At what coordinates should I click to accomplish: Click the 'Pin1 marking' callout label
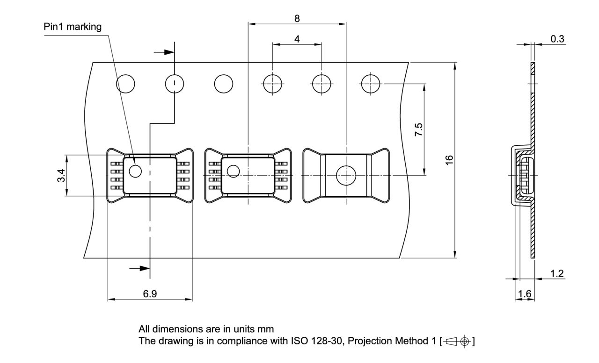[x=73, y=27]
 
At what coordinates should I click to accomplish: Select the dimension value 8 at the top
[x=297, y=18]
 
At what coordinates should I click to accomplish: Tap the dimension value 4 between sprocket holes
[x=297, y=39]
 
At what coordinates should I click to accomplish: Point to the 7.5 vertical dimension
[x=419, y=130]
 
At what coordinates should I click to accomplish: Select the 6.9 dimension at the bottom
[x=150, y=294]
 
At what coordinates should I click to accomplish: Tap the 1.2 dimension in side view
[x=557, y=273]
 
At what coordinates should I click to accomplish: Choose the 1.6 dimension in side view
[x=525, y=294]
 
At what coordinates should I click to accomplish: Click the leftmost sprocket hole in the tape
[x=125, y=84]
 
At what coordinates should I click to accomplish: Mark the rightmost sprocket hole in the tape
[x=371, y=84]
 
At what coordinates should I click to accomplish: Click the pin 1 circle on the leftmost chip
[x=135, y=171]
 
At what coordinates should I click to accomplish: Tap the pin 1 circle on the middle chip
[x=233, y=171]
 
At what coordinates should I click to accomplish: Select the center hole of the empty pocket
[x=346, y=175]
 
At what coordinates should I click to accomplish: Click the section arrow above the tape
[x=164, y=52]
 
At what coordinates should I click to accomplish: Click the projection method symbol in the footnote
[x=457, y=341]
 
